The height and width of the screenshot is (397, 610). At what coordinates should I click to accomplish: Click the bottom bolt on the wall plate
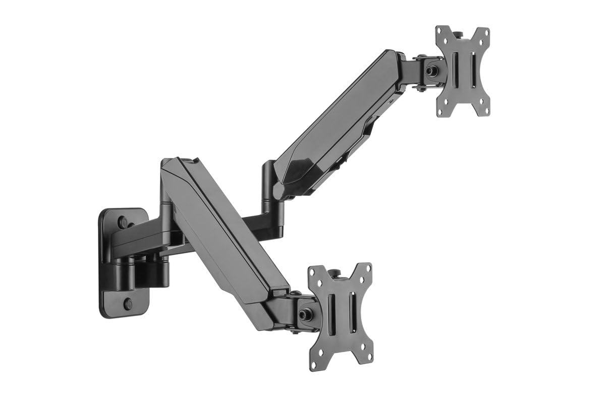click(128, 304)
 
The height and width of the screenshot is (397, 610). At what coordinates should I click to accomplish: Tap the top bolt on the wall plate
click(123, 221)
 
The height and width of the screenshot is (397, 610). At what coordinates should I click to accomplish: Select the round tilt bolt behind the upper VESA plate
click(432, 71)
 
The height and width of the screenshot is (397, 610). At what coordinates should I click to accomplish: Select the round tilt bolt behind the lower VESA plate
click(305, 314)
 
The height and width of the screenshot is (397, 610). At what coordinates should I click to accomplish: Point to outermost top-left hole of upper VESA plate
click(439, 30)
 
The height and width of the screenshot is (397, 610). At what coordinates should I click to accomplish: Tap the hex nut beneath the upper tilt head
click(420, 89)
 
